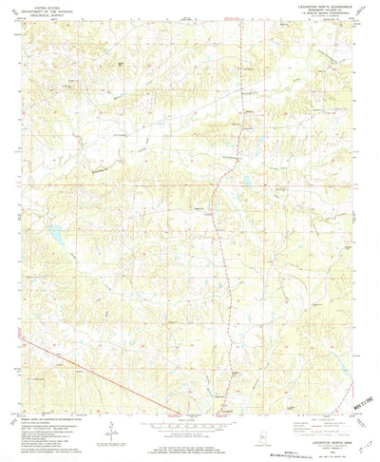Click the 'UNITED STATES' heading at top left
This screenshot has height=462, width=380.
pyautogui.click(x=46, y=8)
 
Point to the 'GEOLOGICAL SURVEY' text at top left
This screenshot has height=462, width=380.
pyautogui.click(x=46, y=16)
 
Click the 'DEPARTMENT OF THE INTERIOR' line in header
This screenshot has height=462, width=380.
pyautogui.click(x=46, y=11)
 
